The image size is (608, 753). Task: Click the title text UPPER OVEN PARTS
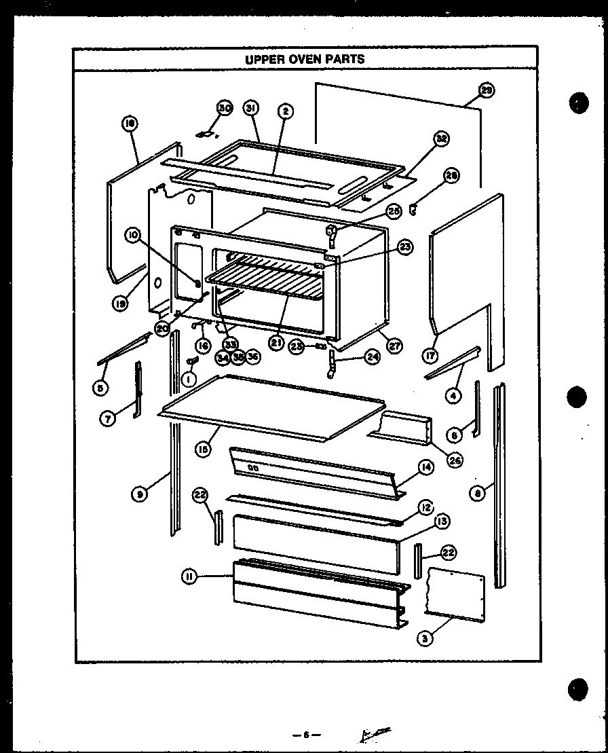pos(304,59)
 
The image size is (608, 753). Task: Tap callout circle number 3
pos(425,638)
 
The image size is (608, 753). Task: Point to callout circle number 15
pos(202,449)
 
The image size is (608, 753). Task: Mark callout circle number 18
pos(130,123)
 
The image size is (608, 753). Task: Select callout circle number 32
pos(442,140)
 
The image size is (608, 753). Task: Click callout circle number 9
pos(138,495)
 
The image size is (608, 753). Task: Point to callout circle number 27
pos(394,345)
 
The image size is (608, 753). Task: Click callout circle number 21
pos(276,343)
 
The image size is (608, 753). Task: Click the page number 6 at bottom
pos(306,735)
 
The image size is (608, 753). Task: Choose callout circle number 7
pos(107,418)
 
